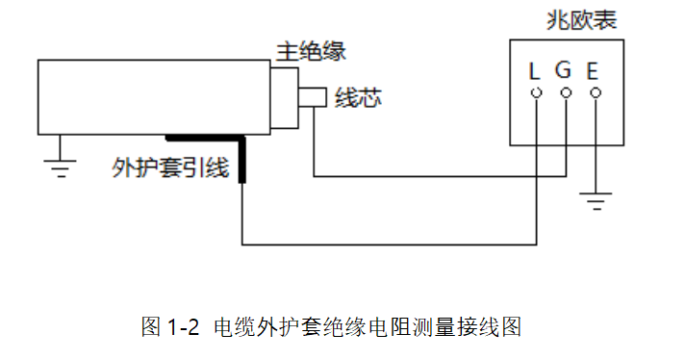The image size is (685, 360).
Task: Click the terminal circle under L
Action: [x=536, y=93]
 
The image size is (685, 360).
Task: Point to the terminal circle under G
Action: [x=565, y=93]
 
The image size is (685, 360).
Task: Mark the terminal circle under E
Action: [x=595, y=93]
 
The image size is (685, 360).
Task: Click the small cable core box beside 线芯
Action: [x=312, y=97]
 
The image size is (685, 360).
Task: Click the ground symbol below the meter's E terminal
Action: [x=596, y=201]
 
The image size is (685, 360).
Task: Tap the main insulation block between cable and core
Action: [x=284, y=96]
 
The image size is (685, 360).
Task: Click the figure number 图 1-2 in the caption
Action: [x=169, y=327]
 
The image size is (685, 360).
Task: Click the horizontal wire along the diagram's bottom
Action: [x=385, y=243]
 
